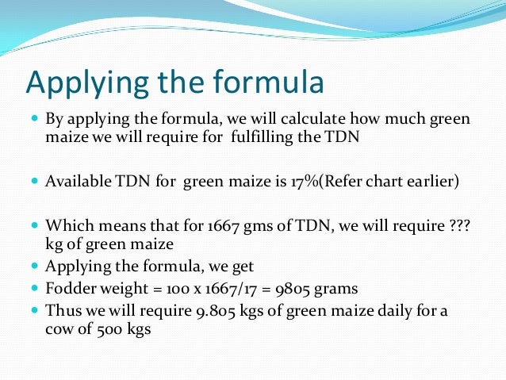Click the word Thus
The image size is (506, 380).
[63, 310]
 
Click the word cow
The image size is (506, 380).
[62, 328]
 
